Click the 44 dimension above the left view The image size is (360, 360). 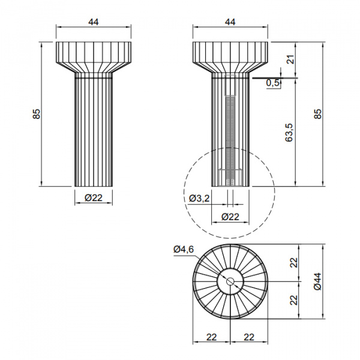pos(93,22)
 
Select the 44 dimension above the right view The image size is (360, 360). pos(230,22)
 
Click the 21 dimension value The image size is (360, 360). pos(290,59)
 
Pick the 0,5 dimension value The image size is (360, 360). pos(273,83)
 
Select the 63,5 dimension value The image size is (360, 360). pos(290,133)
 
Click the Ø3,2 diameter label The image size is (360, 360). pos(199,199)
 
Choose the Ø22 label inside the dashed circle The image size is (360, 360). pos(230,217)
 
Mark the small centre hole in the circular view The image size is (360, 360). pos(230,281)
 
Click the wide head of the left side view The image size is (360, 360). pos(93,55)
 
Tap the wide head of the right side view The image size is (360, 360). pos(230,55)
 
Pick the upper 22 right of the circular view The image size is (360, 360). pos(294,262)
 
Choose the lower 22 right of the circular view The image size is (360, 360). pos(294,299)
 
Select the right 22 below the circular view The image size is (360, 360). pos(248,337)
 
